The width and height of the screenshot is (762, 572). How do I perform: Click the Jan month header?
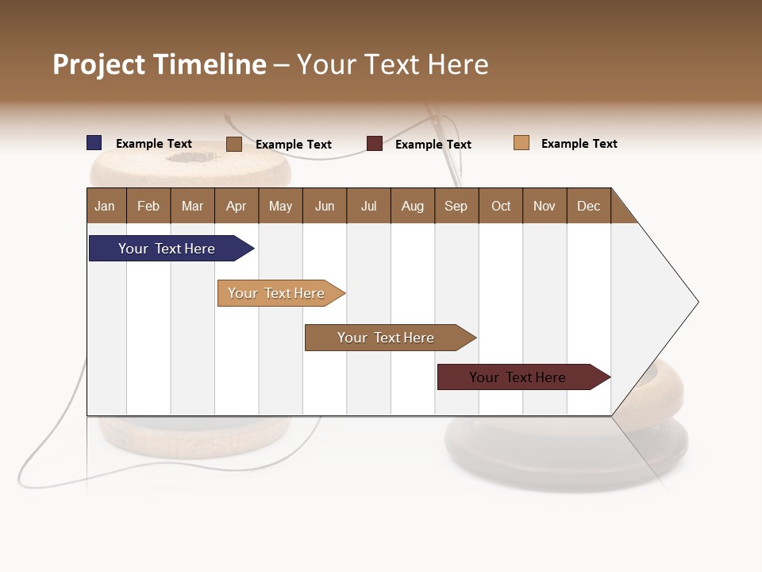(106, 206)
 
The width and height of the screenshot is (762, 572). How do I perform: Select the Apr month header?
(237, 206)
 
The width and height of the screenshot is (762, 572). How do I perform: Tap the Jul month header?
(368, 206)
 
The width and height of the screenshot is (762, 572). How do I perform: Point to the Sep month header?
(456, 206)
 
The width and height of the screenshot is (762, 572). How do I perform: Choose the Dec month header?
(588, 206)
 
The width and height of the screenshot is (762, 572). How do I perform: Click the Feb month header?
(148, 206)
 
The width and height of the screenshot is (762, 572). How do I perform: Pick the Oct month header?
(501, 206)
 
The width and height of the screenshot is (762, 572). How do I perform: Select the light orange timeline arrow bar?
(278, 293)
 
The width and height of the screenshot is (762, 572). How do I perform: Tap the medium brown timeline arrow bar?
(387, 338)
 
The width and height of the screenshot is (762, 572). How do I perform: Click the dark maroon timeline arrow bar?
(520, 377)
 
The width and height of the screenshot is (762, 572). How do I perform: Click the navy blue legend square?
(94, 143)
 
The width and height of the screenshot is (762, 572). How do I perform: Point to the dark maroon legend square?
(375, 144)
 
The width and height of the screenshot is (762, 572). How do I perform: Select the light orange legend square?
(521, 143)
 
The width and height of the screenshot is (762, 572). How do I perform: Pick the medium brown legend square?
(234, 144)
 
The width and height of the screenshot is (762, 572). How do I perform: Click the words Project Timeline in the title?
(160, 64)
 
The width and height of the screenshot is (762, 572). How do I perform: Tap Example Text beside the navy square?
(154, 144)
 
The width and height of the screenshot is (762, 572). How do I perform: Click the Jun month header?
(325, 206)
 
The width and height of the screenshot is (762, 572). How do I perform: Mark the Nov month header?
(545, 206)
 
